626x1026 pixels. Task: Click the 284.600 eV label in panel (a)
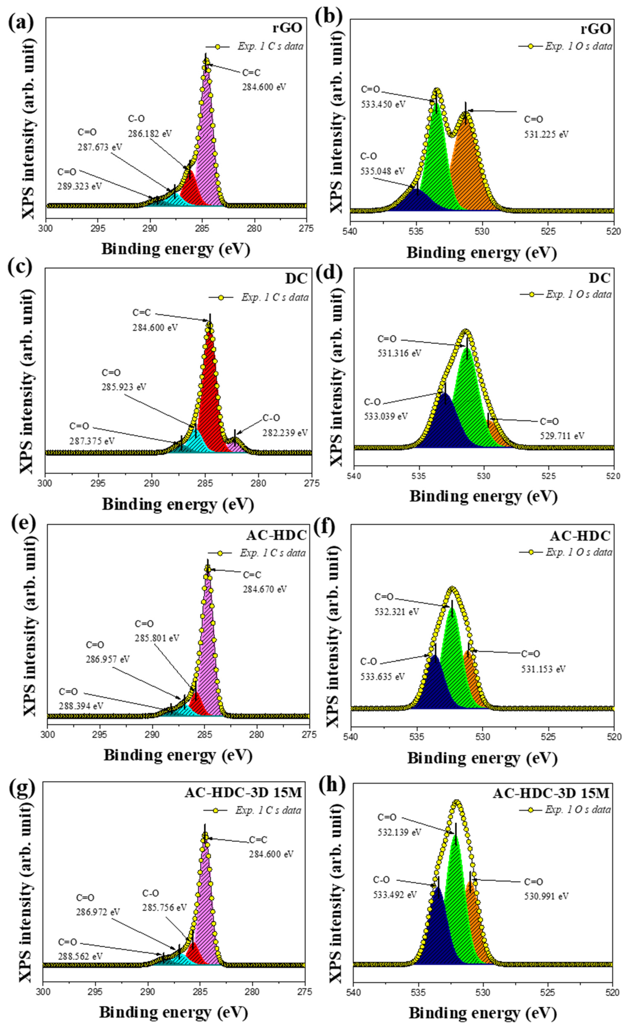point(264,87)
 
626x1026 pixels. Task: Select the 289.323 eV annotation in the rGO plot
point(79,186)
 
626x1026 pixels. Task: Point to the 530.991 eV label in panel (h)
point(546,896)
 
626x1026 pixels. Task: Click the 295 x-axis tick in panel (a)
point(98,228)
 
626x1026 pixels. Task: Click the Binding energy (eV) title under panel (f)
point(482,758)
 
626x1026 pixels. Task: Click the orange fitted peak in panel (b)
point(468,167)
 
